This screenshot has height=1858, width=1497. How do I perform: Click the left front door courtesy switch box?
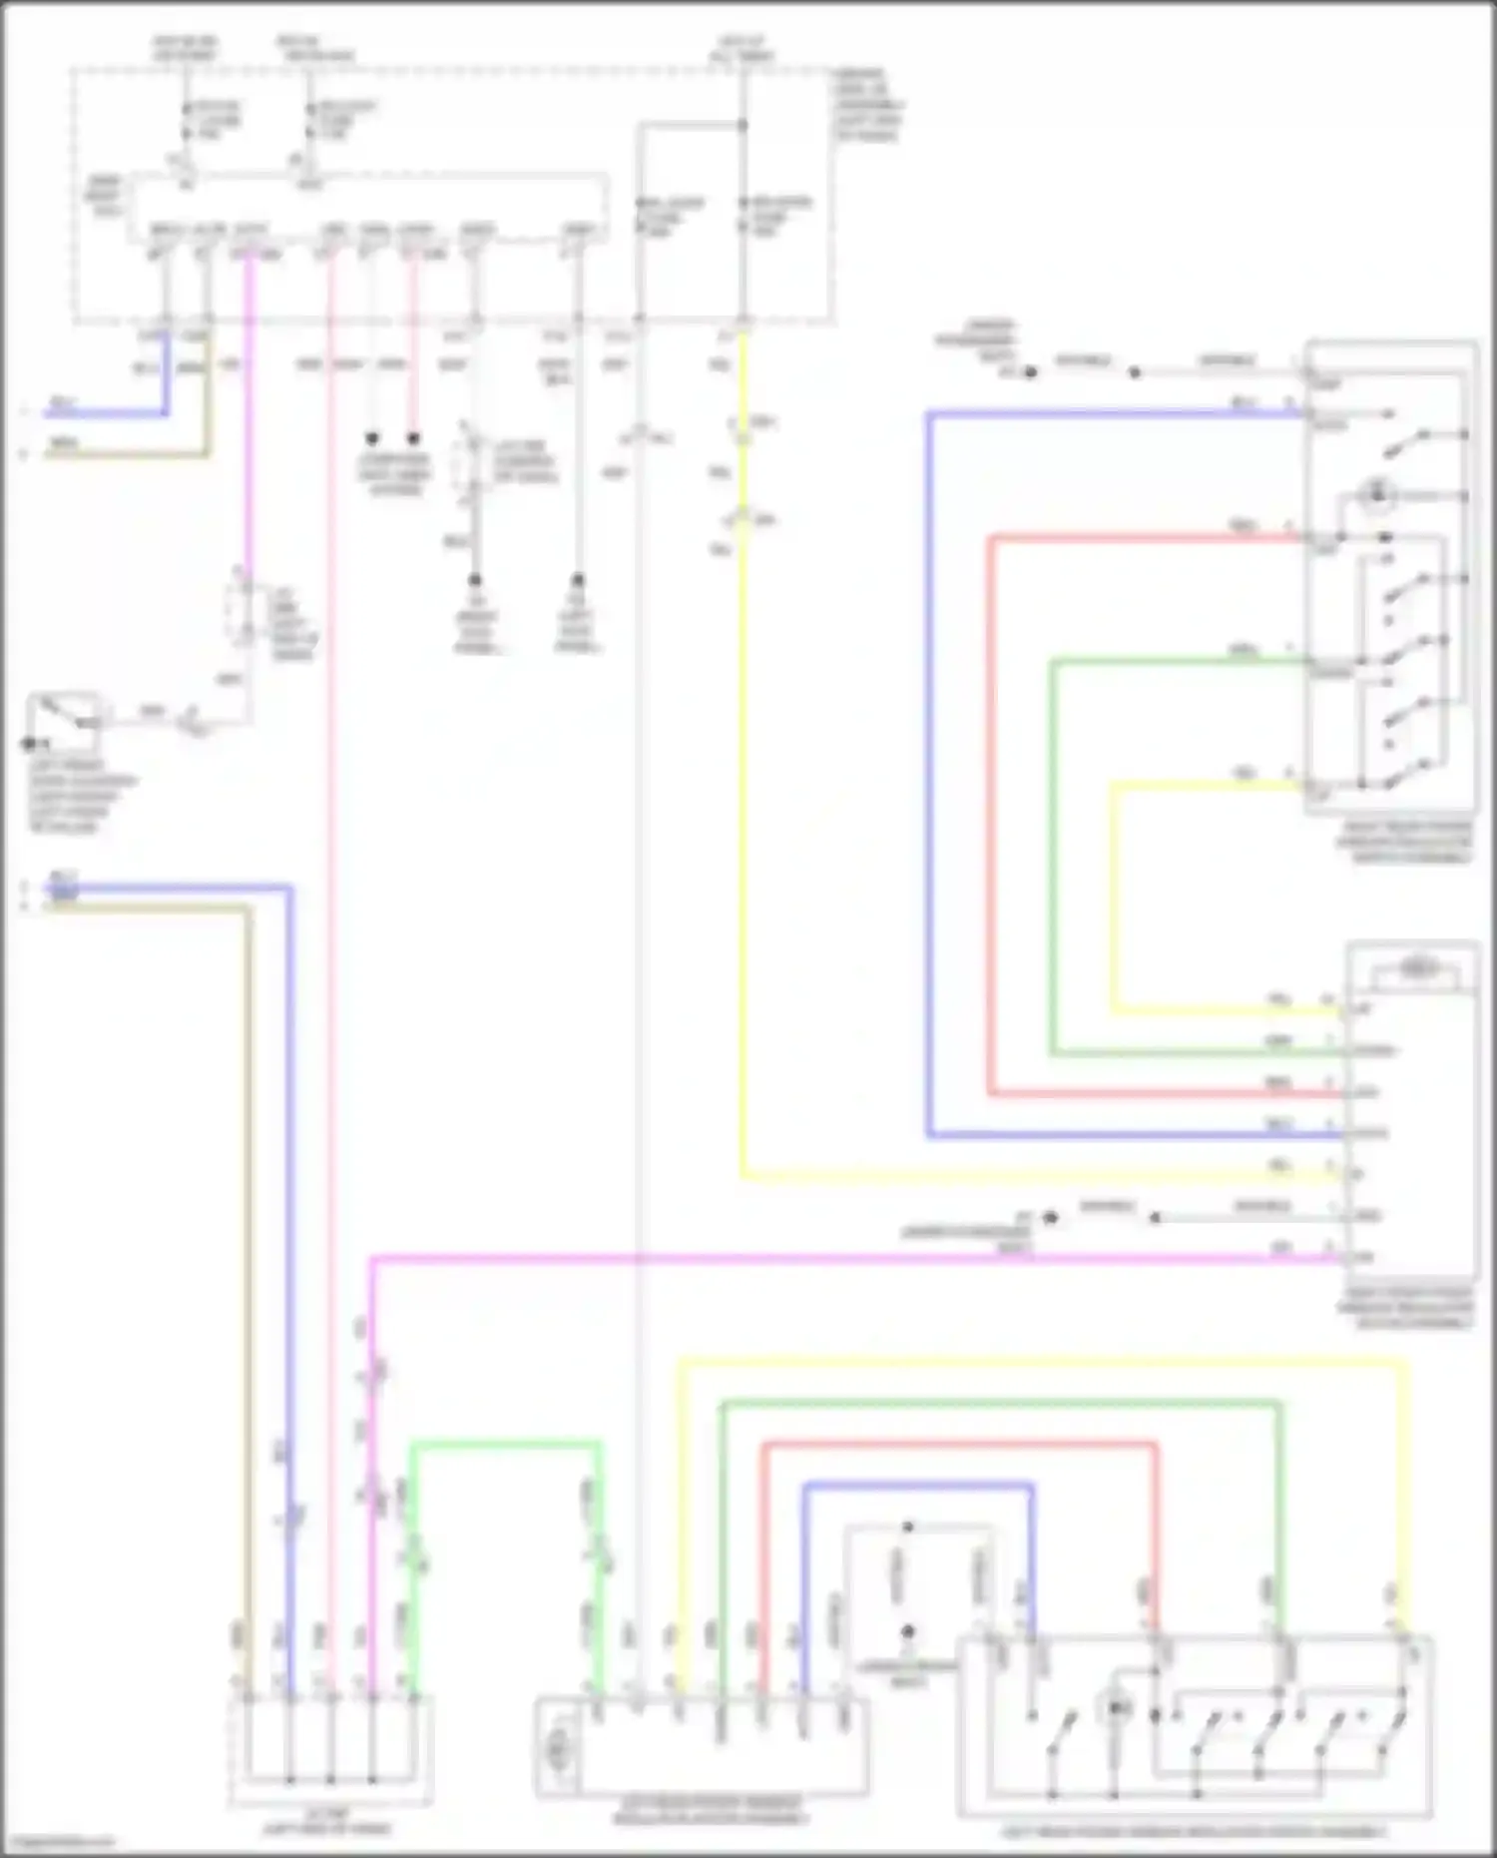(x=63, y=722)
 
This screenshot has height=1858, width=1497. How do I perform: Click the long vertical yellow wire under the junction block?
(x=743, y=799)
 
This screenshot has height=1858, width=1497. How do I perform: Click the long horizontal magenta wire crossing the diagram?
(x=848, y=1260)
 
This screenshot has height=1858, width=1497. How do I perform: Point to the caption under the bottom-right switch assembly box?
(x=1194, y=1832)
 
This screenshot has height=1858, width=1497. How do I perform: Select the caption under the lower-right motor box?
(x=1409, y=1309)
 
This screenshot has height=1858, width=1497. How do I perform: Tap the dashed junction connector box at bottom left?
(x=330, y=1750)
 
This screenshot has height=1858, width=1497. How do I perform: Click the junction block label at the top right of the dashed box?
(x=869, y=105)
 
